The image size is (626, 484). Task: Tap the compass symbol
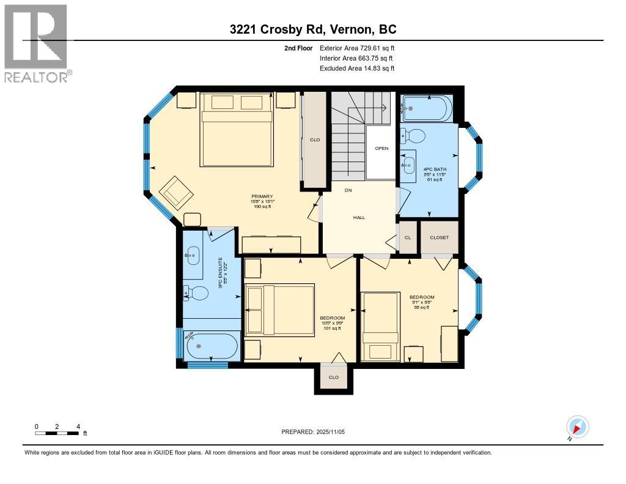[x=577, y=426]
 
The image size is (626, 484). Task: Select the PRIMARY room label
[x=262, y=196]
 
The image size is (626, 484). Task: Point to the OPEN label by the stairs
[x=381, y=148]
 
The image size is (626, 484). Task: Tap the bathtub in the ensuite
[x=211, y=347]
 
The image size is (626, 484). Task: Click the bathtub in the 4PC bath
[x=427, y=109]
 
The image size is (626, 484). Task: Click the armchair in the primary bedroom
[x=177, y=192]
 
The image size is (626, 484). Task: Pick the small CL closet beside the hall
[x=407, y=237]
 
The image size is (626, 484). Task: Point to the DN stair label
[x=348, y=190]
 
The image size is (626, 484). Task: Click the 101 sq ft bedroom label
[x=332, y=323]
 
